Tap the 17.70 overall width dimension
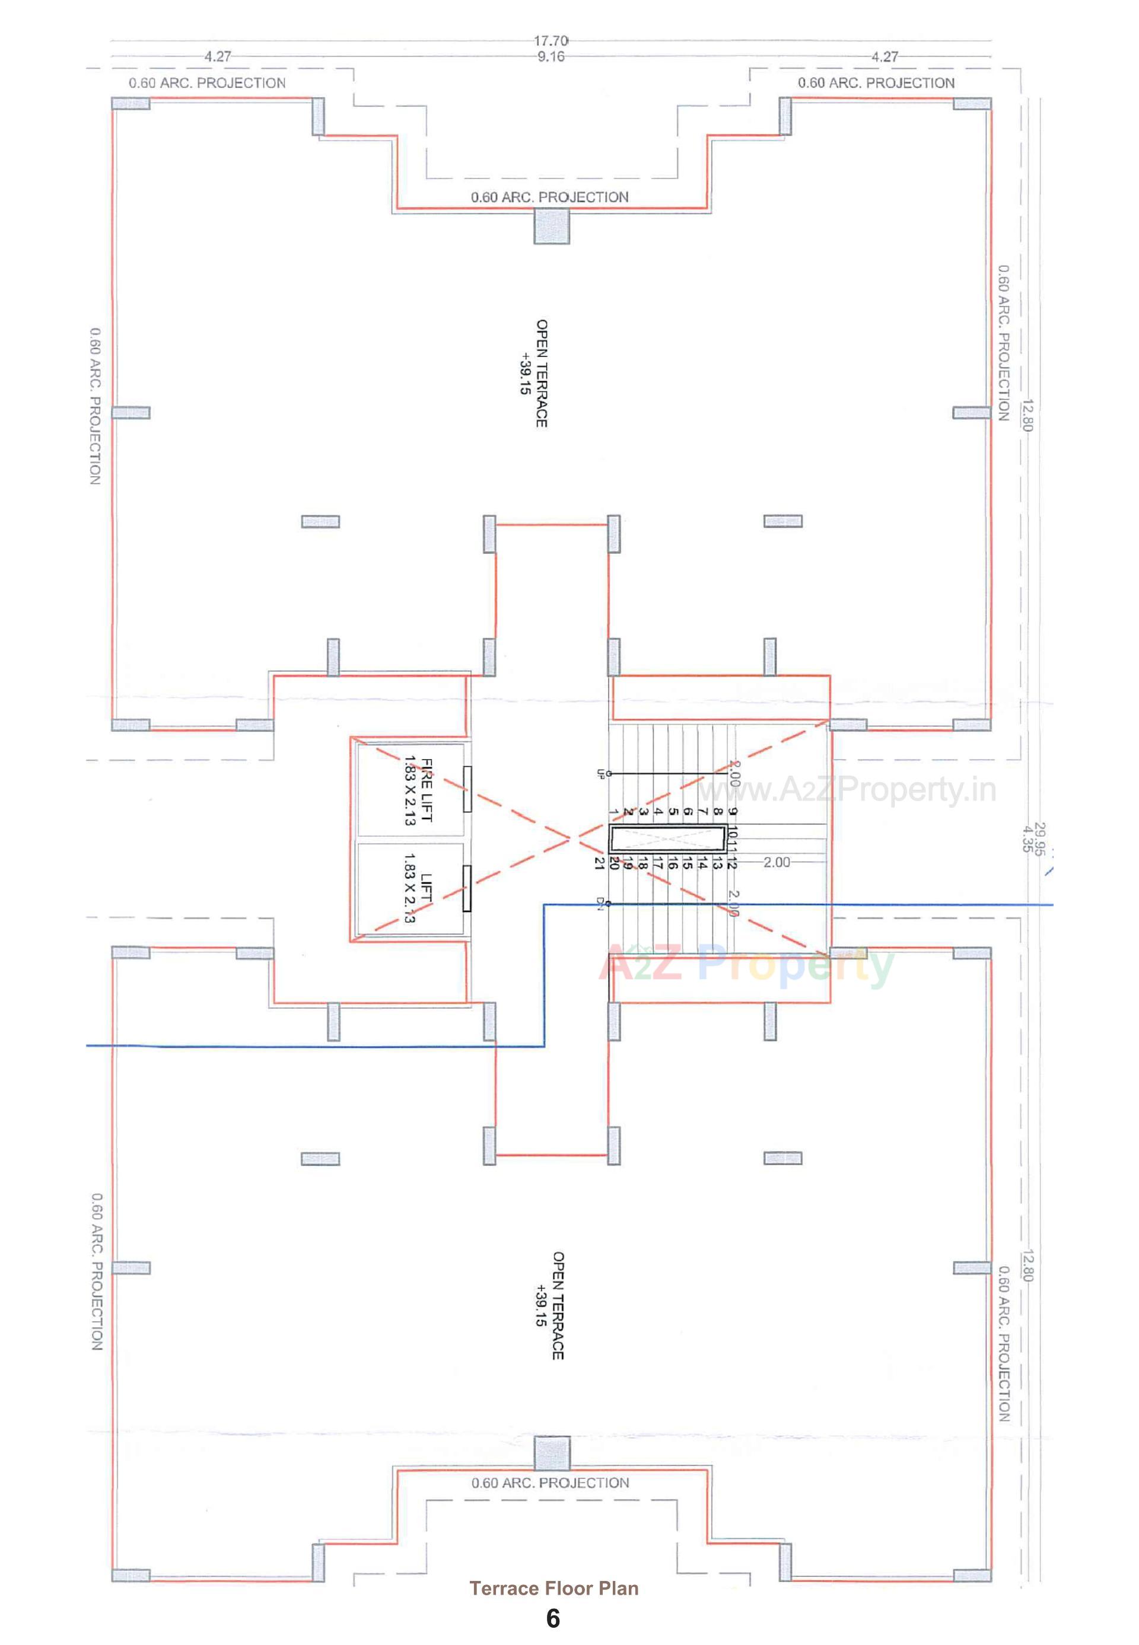(551, 42)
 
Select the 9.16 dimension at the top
(551, 57)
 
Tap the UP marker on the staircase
(601, 773)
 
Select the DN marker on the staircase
(601, 904)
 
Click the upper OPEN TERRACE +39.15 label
(534, 373)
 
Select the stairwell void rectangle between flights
(667, 839)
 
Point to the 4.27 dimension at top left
(218, 57)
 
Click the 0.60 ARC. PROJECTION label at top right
(876, 83)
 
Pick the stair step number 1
(614, 812)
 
